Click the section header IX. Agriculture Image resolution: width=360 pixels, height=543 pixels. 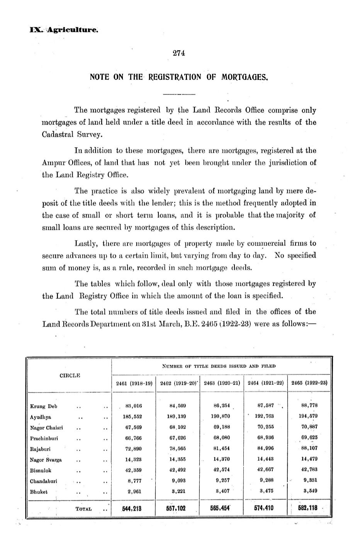point(64,29)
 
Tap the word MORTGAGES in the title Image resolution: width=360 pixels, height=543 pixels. point(245,77)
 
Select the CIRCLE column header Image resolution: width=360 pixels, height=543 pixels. point(70,376)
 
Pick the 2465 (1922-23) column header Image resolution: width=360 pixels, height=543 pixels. point(309,383)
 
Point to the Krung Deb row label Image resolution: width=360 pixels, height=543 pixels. point(44,406)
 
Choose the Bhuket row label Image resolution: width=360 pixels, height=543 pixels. point(39,492)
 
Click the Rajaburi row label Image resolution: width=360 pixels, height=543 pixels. point(40,449)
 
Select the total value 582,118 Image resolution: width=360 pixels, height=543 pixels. point(307,508)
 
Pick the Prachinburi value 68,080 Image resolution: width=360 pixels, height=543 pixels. point(222,438)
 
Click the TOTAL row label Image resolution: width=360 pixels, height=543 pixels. point(83,509)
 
